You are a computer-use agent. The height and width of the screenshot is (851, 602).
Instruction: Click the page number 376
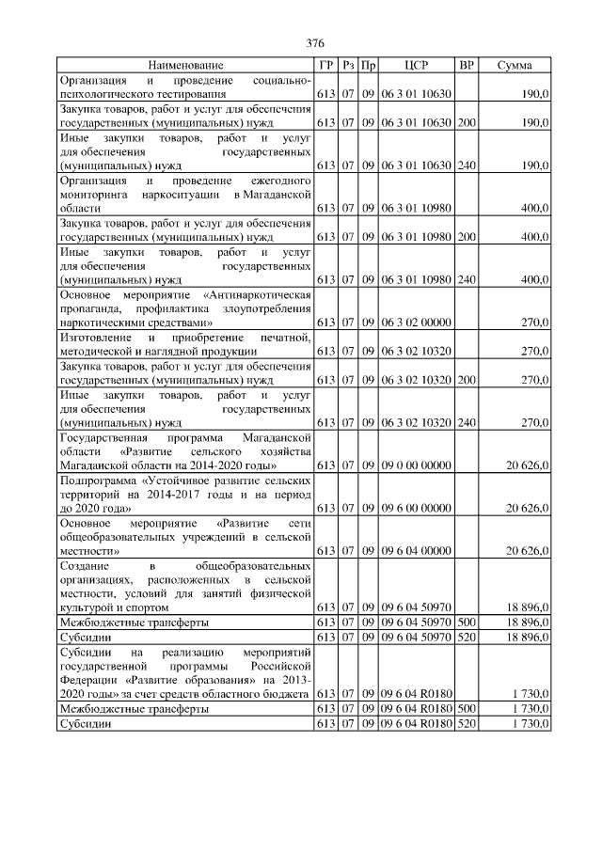[316, 44]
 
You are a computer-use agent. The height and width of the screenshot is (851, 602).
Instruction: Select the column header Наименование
[185, 65]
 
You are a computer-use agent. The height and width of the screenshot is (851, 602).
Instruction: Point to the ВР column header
[466, 65]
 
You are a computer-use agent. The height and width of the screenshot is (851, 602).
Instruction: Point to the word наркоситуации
[178, 194]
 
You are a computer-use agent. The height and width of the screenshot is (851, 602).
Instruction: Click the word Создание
[82, 566]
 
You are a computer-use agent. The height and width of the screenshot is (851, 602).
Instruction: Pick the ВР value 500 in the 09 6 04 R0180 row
[466, 708]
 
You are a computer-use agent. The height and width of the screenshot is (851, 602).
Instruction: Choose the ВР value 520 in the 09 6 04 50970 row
[466, 637]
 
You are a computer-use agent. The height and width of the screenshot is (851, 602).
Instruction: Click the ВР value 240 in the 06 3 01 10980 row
[466, 279]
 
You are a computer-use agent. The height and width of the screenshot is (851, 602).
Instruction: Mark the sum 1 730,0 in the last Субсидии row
[530, 723]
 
